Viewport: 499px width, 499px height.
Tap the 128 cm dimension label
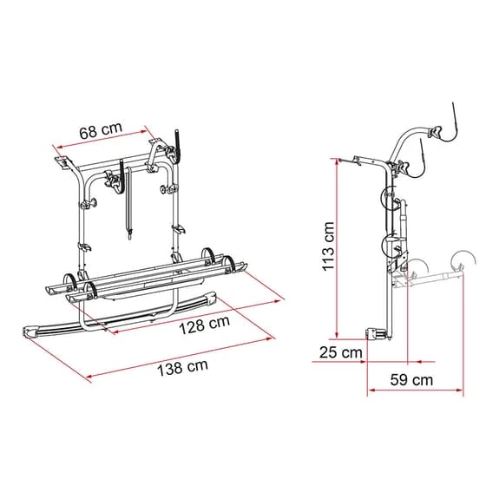coord(205,325)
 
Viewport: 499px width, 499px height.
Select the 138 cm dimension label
coord(182,367)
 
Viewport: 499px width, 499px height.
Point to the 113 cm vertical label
coord(328,246)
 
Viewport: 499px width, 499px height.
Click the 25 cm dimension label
coord(341,352)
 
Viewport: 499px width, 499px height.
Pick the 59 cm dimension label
coord(411,379)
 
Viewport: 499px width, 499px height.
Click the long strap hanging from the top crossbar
coord(128,203)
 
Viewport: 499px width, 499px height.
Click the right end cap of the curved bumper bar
coord(212,298)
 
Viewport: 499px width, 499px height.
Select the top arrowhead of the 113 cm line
coord(337,161)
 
